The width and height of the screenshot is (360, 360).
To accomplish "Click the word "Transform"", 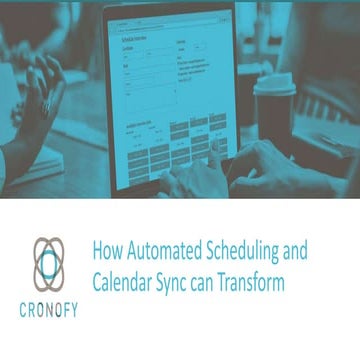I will (x=260, y=282).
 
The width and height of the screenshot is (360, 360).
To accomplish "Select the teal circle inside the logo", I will (x=47, y=265).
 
